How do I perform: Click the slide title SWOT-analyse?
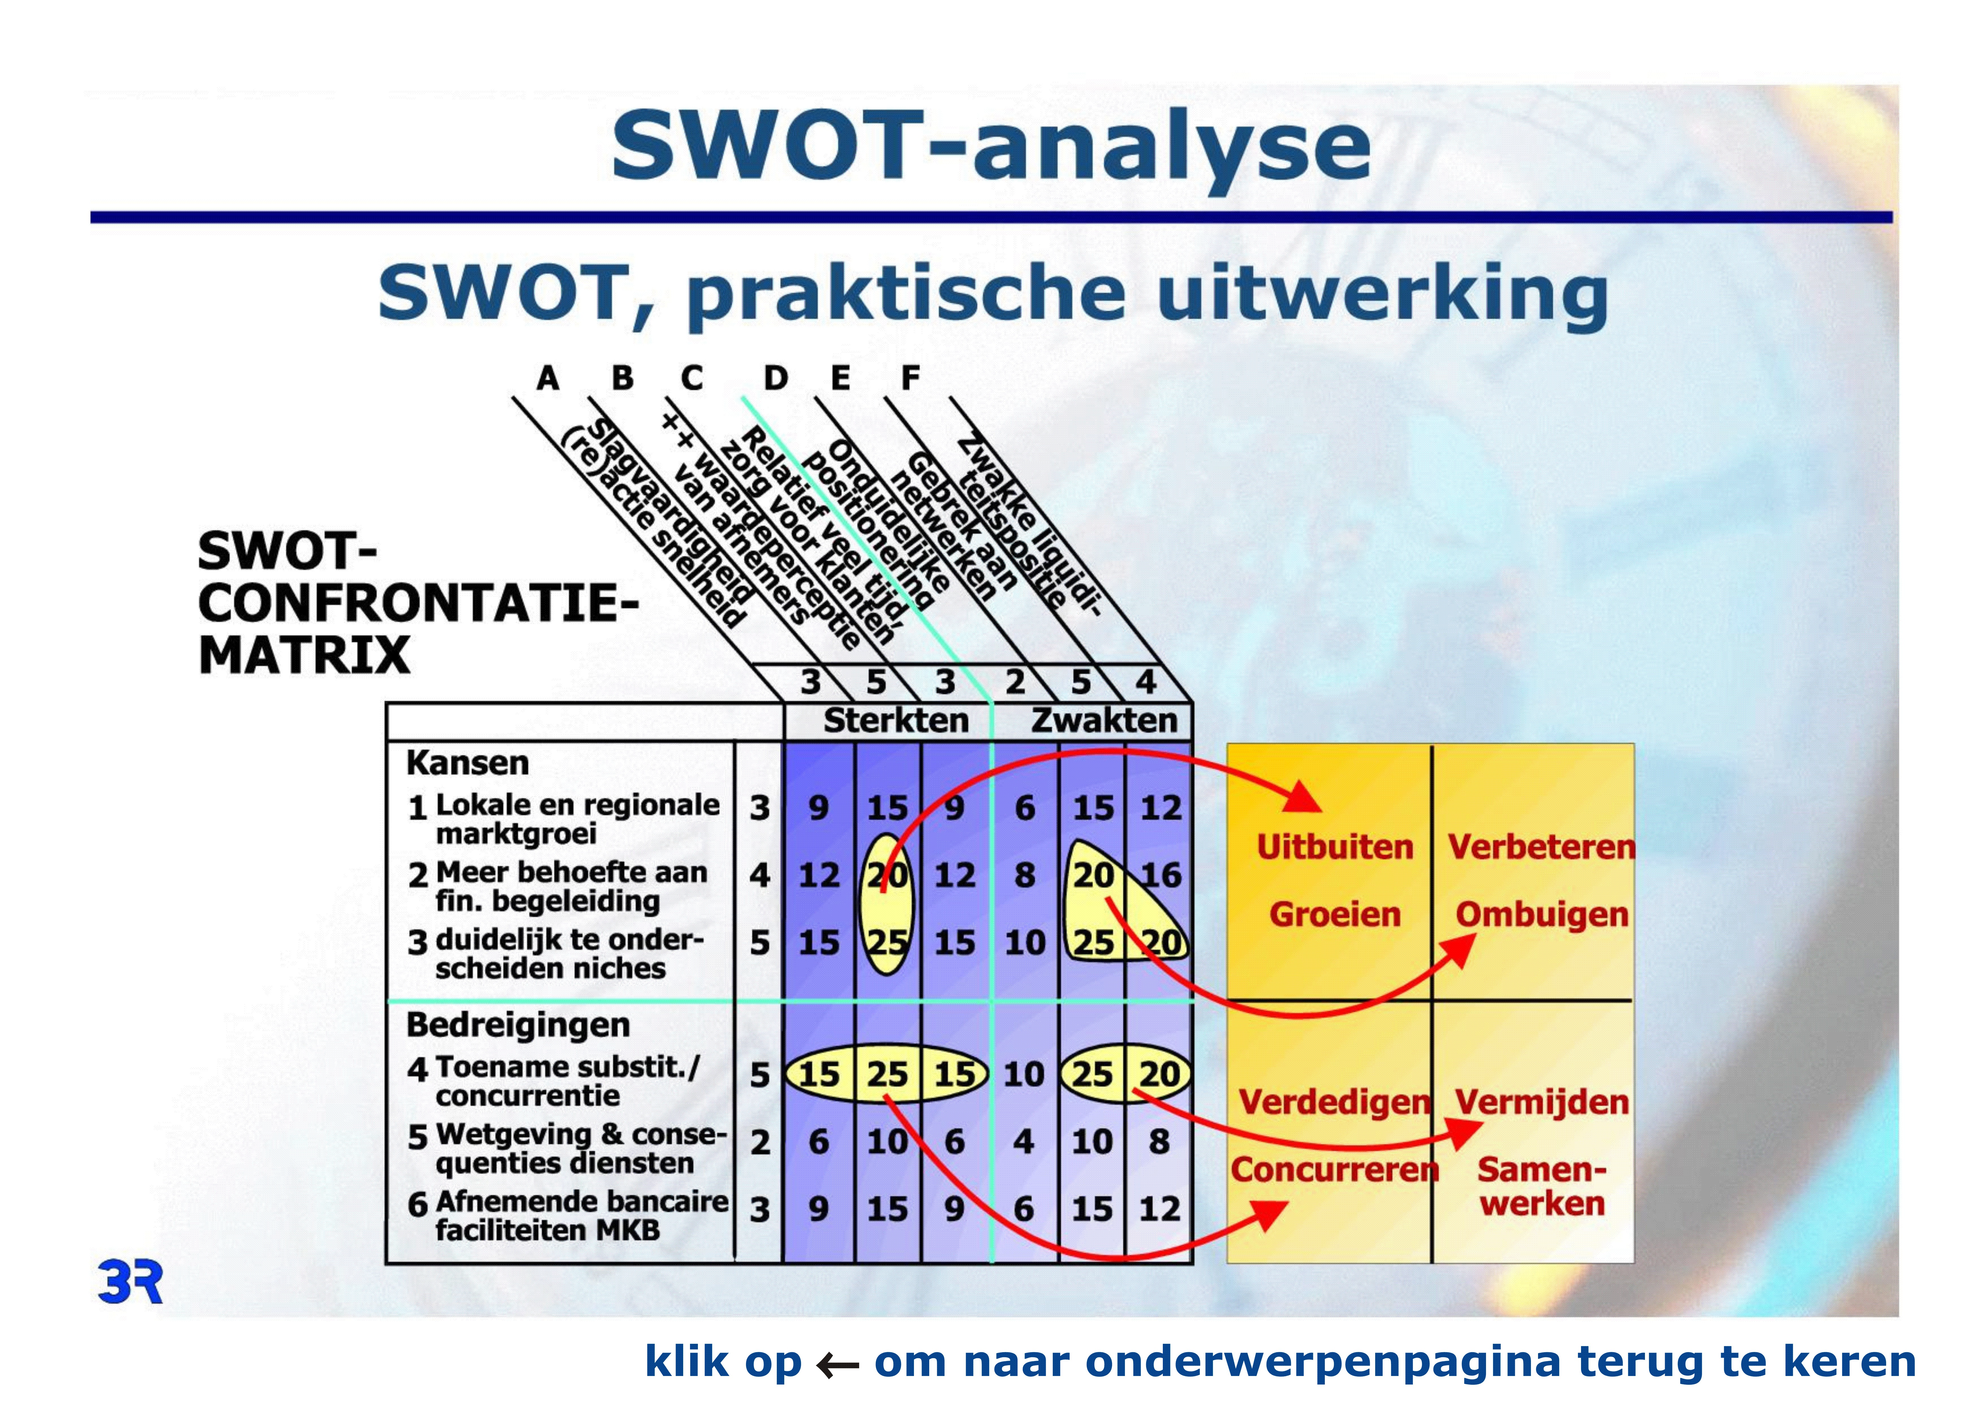point(991,147)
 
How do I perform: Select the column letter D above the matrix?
point(775,378)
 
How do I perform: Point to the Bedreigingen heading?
point(518,1025)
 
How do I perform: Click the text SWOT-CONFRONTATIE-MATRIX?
point(418,603)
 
